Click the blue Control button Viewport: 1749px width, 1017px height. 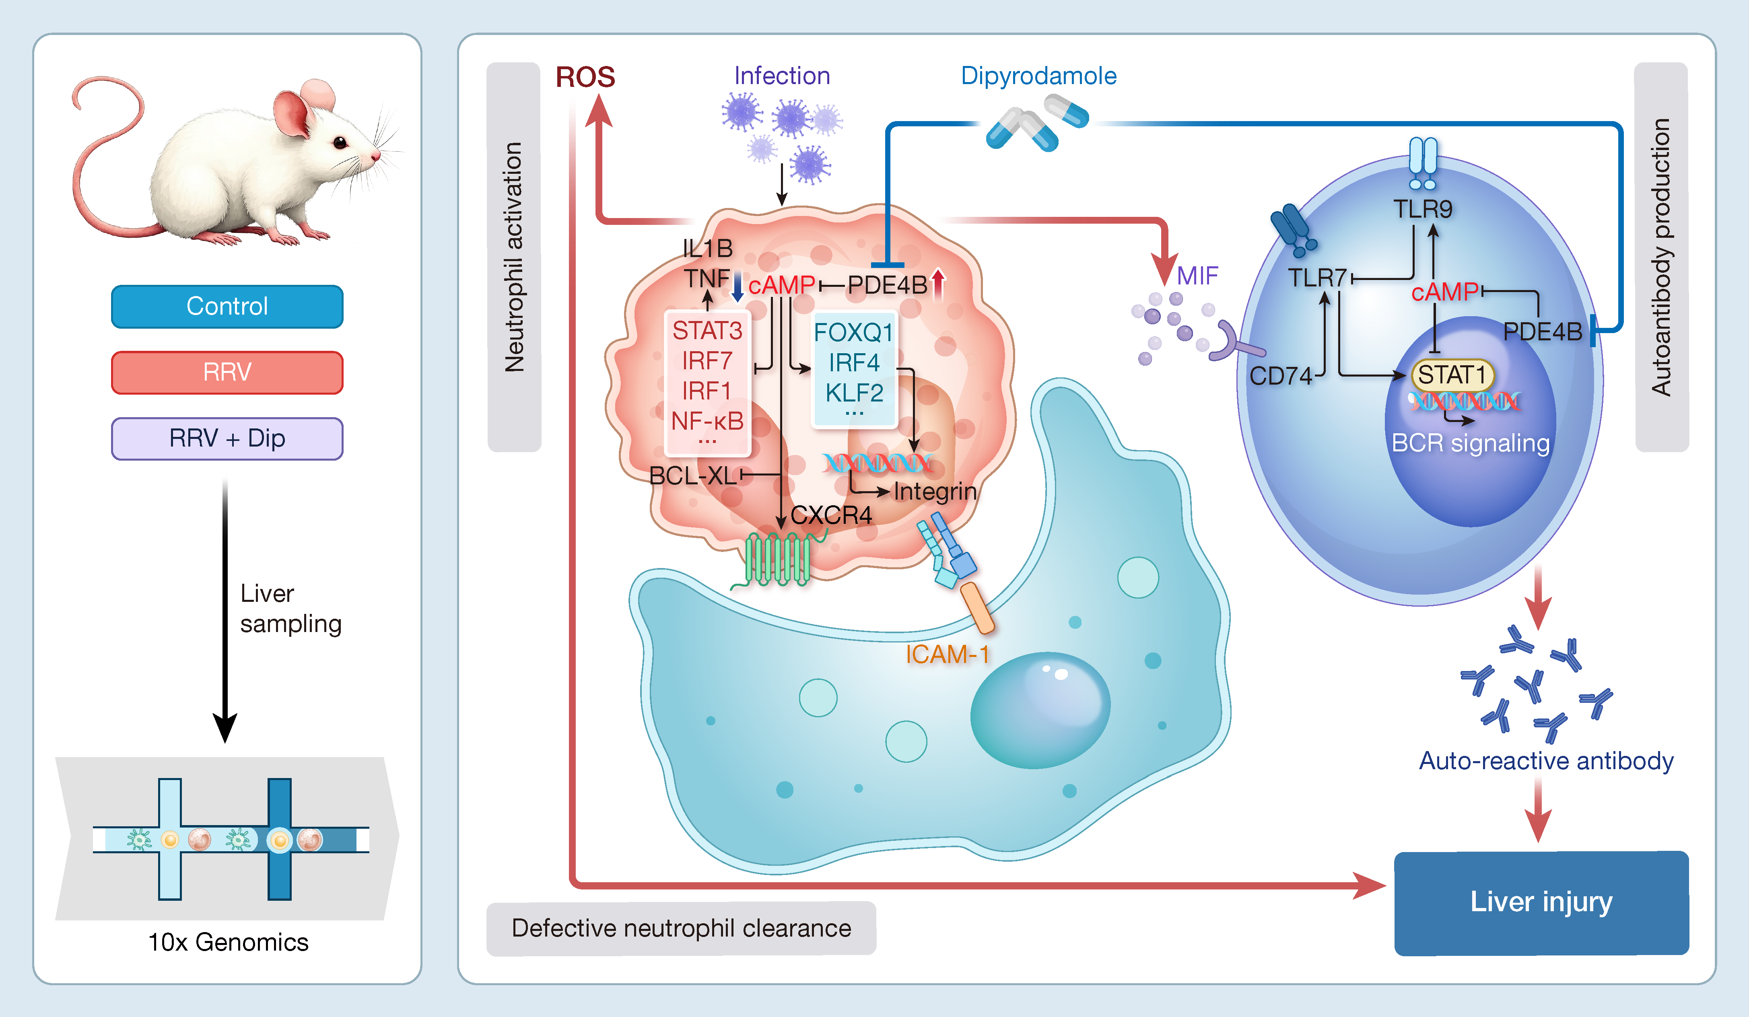[x=227, y=306]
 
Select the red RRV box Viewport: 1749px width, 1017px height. [x=227, y=373]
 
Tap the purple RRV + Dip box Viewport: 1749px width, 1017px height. [x=227, y=439]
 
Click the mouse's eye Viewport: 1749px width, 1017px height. [x=340, y=143]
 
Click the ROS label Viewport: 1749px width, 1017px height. [x=585, y=77]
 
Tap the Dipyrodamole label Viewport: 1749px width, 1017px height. [x=1038, y=76]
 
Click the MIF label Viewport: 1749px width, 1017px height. [x=1197, y=276]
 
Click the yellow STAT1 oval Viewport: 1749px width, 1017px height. [x=1451, y=375]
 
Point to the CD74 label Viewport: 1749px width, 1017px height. [x=1281, y=376]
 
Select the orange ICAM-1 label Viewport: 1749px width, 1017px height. [x=947, y=654]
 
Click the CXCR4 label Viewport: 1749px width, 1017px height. [x=831, y=515]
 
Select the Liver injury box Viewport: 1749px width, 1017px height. [x=1541, y=902]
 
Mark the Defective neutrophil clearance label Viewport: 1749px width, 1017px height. [x=681, y=928]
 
